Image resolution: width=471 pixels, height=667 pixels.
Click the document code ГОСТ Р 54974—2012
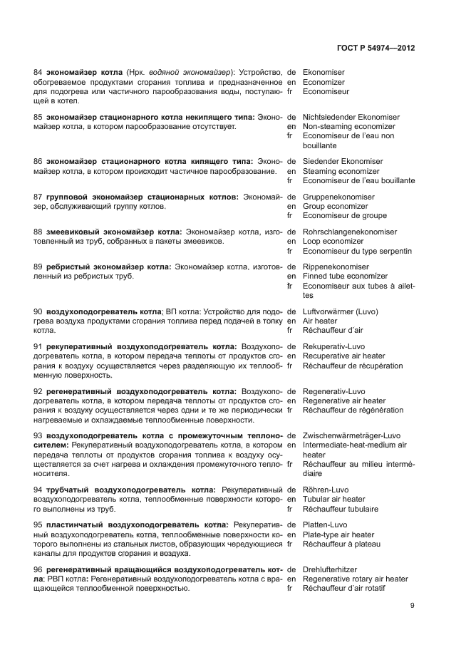pyautogui.click(x=375, y=48)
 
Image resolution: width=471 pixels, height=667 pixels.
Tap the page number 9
pyautogui.click(x=413, y=606)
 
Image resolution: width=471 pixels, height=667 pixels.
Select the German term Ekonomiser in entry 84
pyautogui.click(x=324, y=72)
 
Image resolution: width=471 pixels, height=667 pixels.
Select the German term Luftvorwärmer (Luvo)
pyautogui.click(x=341, y=311)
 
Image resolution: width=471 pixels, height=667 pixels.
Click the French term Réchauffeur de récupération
pyautogui.click(x=353, y=366)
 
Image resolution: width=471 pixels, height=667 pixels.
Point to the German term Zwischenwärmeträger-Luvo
pyautogui.click(x=351, y=435)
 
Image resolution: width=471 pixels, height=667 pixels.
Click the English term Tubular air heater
pyautogui.click(x=333, y=500)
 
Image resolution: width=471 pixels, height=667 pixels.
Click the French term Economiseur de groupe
pyautogui.click(x=345, y=215)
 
